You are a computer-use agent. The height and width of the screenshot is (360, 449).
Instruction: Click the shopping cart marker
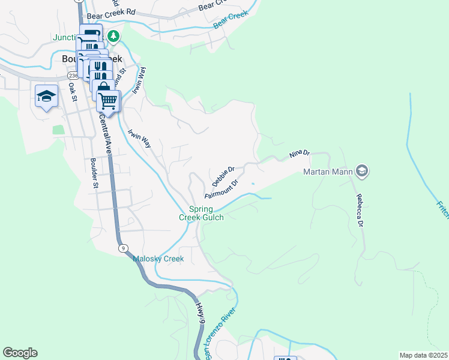pos(107,101)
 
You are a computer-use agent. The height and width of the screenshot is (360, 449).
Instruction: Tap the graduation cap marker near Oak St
pos(46,97)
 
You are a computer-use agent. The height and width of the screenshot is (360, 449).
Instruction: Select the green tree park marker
pos(113,37)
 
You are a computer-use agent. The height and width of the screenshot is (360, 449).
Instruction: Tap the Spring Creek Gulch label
pos(202,213)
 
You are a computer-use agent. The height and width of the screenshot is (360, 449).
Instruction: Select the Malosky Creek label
pos(158,259)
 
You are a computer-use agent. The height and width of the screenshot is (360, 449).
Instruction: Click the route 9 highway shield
pos(122,247)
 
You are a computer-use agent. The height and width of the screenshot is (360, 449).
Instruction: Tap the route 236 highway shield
pos(73,76)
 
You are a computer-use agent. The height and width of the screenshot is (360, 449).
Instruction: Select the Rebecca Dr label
pos(360,211)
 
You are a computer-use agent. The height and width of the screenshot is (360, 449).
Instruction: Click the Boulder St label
pos(94,173)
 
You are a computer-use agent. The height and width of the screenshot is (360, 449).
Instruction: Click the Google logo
pos(20,353)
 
